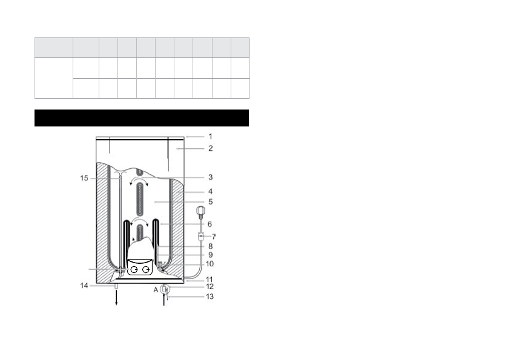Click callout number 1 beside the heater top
click(x=210, y=137)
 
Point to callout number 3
click(x=210, y=177)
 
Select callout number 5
click(x=210, y=201)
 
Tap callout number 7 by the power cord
click(x=214, y=237)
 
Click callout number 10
click(x=209, y=264)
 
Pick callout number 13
click(x=209, y=296)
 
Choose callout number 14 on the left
click(x=84, y=286)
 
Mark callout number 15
click(x=84, y=178)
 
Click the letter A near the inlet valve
click(x=156, y=290)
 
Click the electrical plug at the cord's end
click(x=200, y=211)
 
